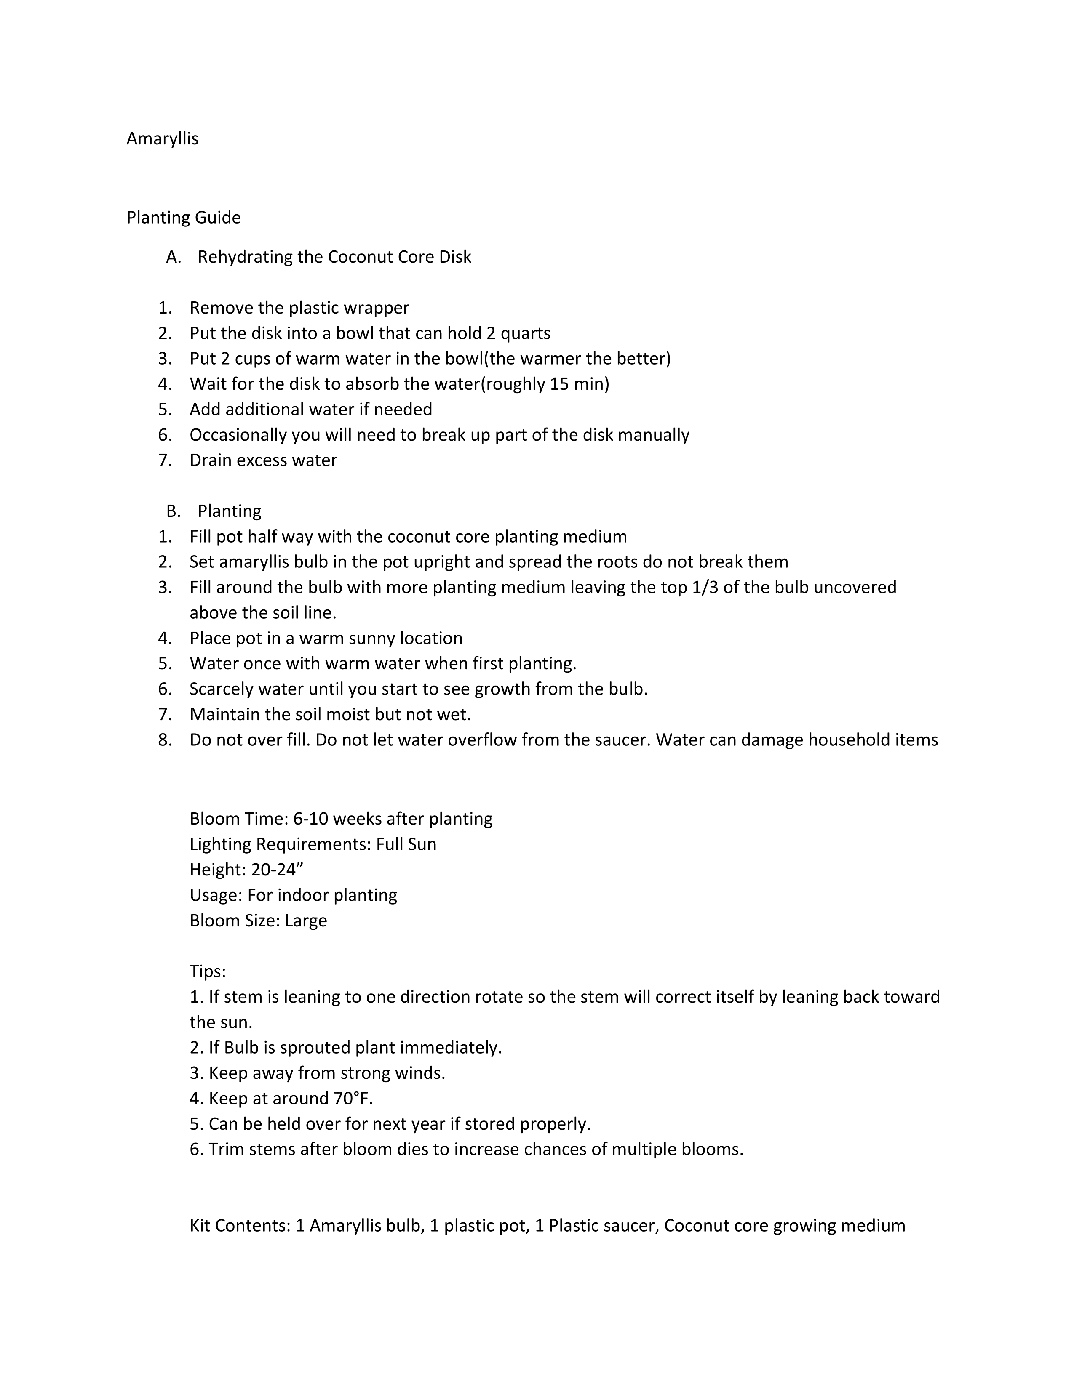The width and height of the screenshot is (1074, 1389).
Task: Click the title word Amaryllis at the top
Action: click(162, 138)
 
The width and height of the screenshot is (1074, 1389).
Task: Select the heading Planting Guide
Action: click(183, 218)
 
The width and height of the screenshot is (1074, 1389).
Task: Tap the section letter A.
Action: click(173, 257)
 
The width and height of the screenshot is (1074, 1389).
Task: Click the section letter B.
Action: click(173, 511)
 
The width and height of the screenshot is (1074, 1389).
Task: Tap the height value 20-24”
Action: click(277, 870)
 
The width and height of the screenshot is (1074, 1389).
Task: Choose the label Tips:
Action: click(207, 971)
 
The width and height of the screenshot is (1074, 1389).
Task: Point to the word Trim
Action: click(226, 1149)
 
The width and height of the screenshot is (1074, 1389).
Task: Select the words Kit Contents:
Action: click(240, 1226)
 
